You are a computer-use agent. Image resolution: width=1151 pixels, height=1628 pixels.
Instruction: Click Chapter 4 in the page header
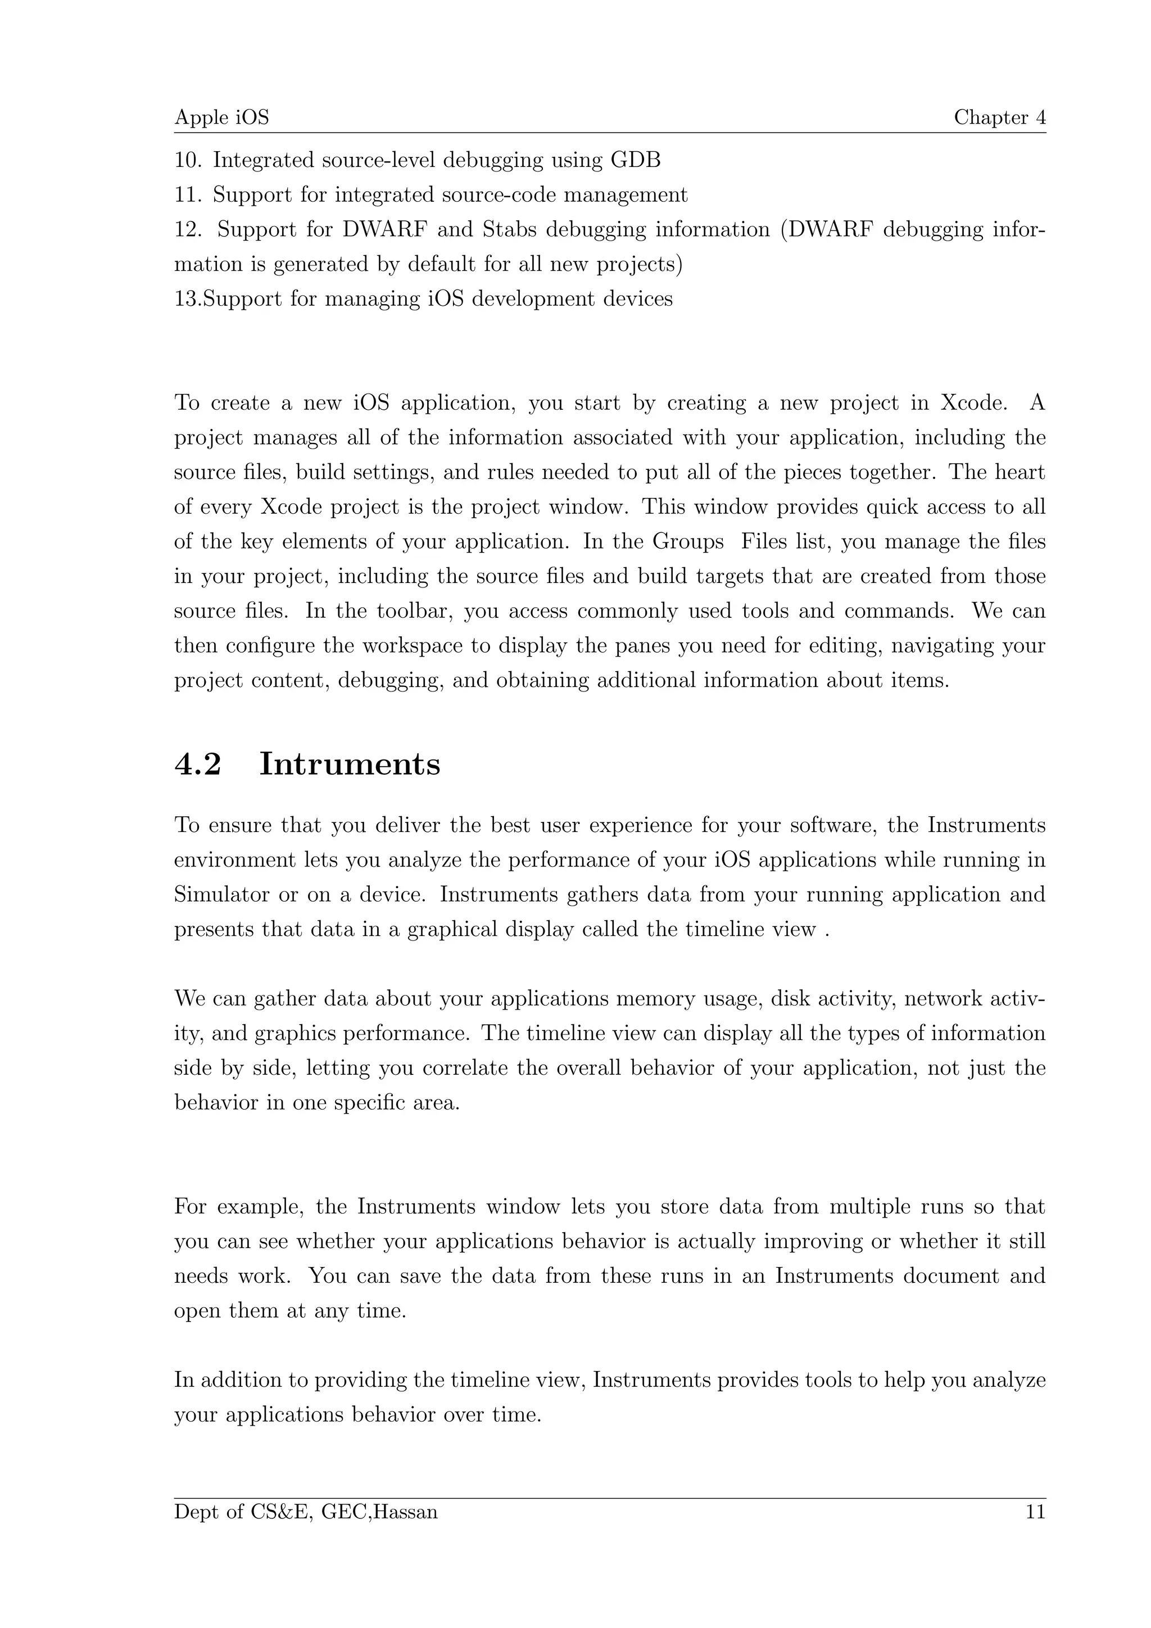[999, 117]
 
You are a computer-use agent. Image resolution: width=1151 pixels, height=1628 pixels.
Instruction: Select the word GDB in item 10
[635, 160]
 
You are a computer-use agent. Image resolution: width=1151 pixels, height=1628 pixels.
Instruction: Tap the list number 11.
[188, 195]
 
